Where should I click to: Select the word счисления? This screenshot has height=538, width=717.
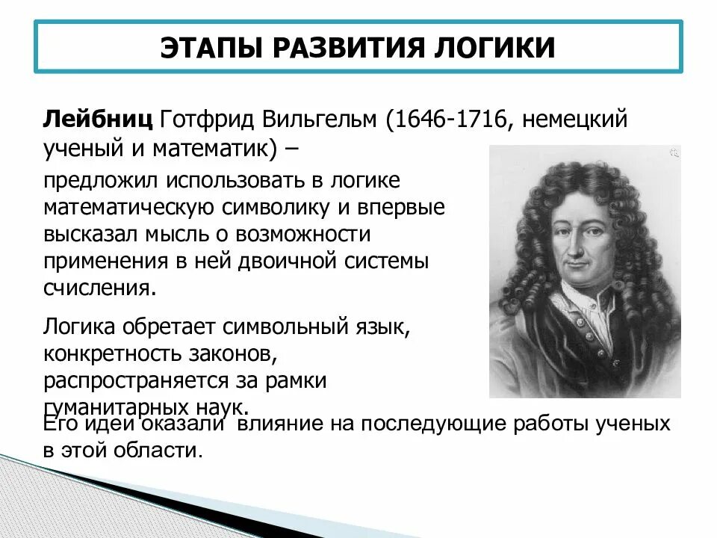[100, 288]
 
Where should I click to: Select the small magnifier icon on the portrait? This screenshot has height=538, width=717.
[673, 153]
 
